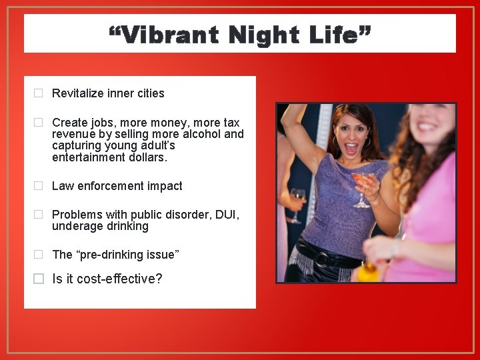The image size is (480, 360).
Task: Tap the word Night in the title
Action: point(261,34)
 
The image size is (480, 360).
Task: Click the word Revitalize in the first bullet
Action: point(78,93)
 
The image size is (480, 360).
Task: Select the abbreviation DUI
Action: point(228,215)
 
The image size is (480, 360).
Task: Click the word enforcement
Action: point(111,186)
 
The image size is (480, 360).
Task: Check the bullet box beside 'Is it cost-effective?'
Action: point(39,279)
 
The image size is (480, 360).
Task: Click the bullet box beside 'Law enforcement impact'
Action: point(39,186)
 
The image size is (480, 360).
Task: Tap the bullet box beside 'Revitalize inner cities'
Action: point(39,93)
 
